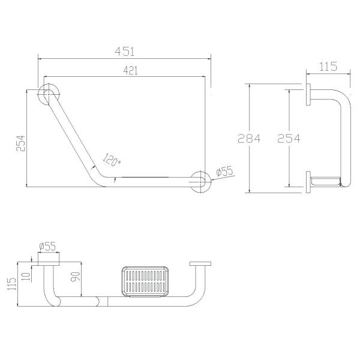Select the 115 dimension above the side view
tap(328, 68)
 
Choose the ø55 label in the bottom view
tap(47, 245)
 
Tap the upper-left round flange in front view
tap(49, 95)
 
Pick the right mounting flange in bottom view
tap(200, 264)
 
